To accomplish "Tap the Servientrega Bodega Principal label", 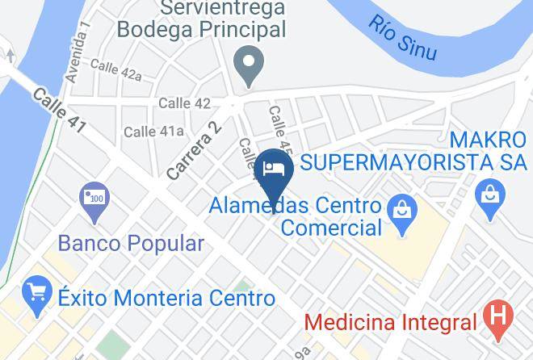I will [x=202, y=19].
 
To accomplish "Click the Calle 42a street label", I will [x=115, y=69].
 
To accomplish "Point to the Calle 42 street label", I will [x=184, y=103].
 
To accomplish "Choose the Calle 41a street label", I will [x=153, y=131].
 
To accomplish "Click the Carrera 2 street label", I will [x=193, y=150].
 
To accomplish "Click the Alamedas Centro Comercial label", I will [x=296, y=216].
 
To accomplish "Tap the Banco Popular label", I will [x=131, y=242].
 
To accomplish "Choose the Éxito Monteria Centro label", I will [x=166, y=298].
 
